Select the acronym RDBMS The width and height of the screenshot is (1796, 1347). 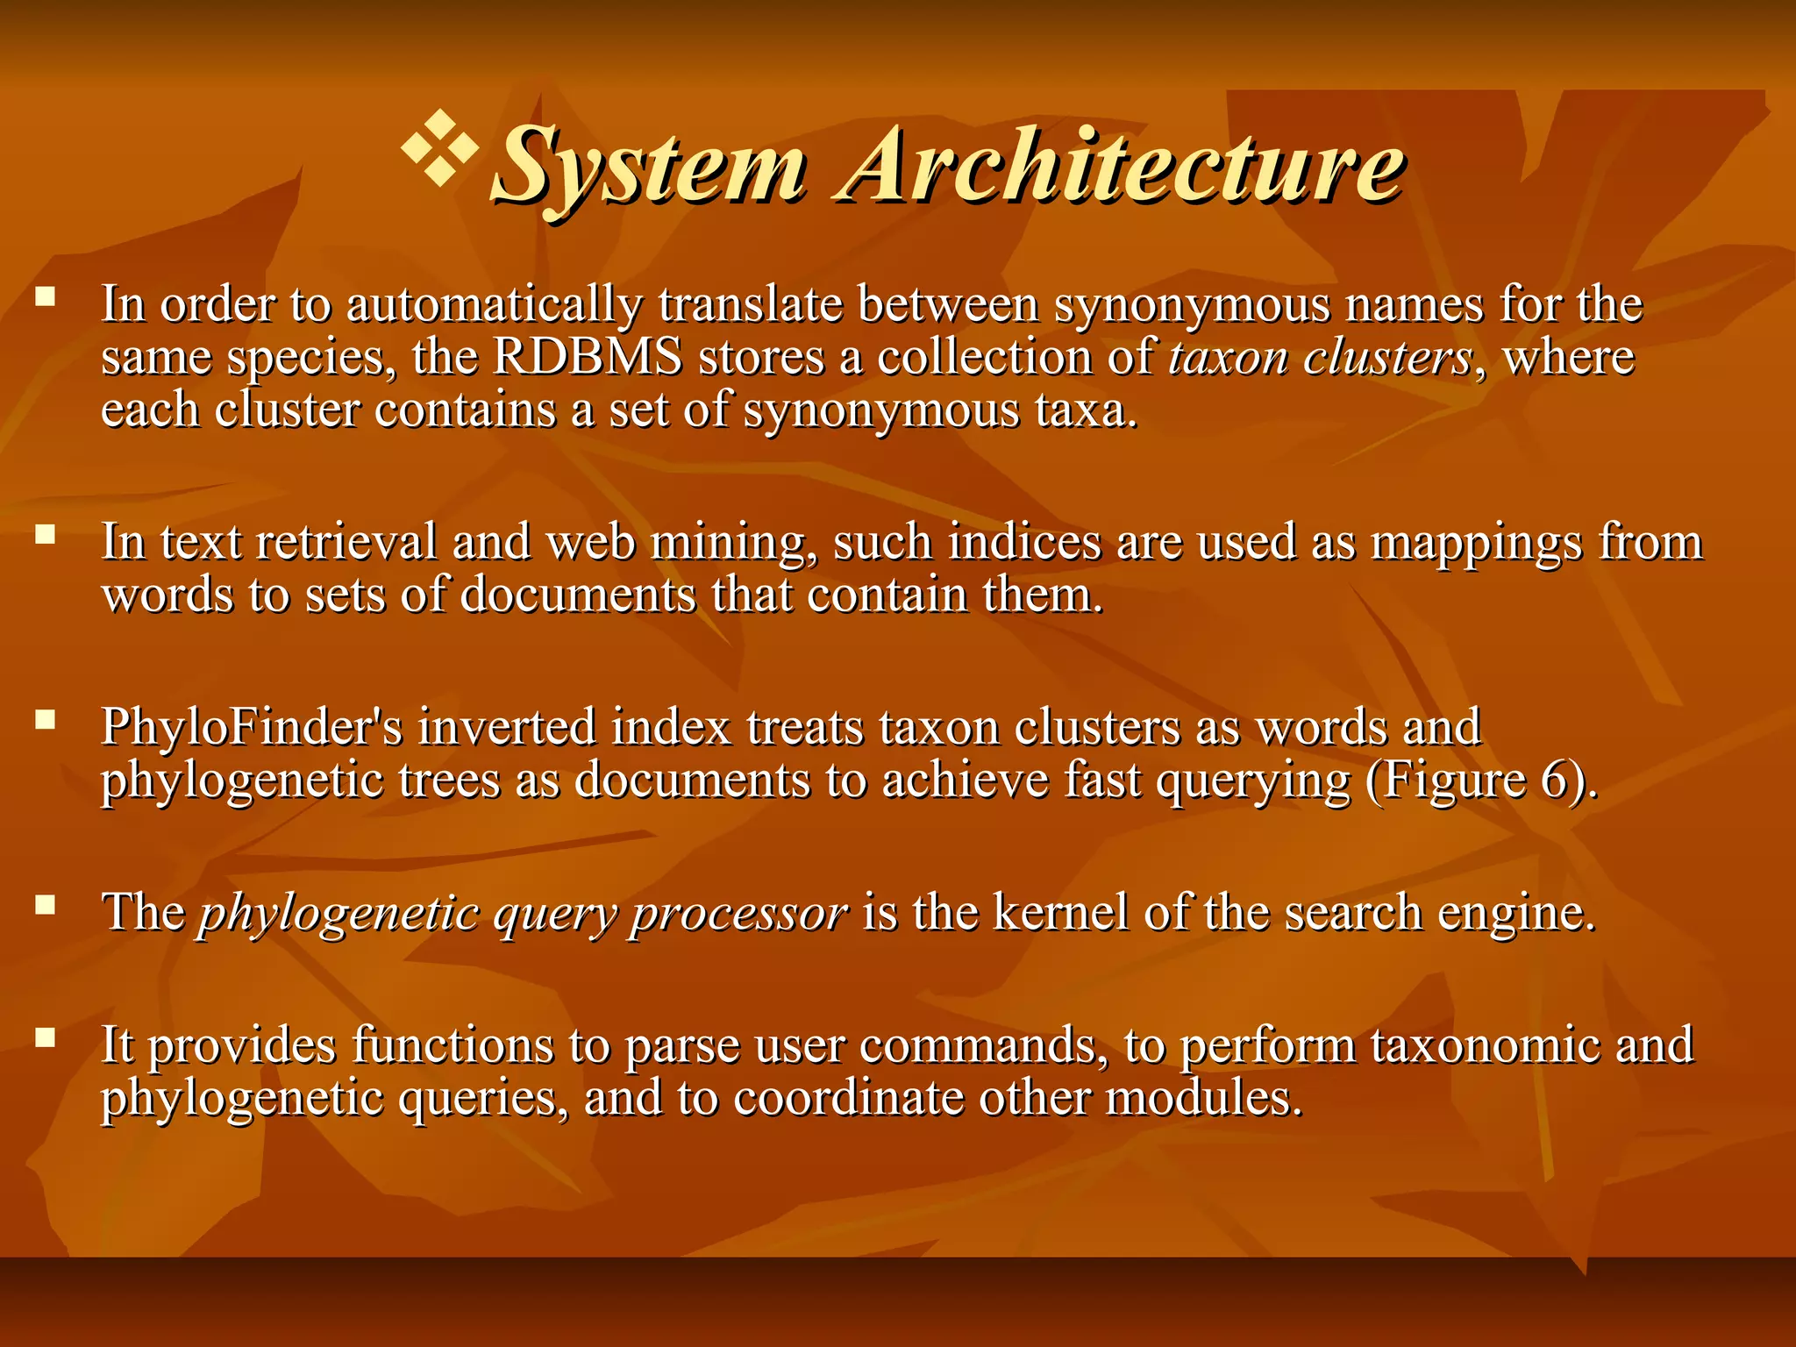[x=588, y=358]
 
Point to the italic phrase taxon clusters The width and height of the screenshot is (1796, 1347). [x=1321, y=358]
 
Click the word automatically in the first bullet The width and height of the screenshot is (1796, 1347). [x=494, y=305]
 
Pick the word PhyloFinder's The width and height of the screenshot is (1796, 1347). [x=251, y=727]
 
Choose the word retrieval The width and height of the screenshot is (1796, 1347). [x=346, y=542]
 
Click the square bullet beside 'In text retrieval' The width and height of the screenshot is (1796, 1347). [x=46, y=534]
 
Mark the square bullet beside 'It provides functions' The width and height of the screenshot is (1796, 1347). [x=46, y=1038]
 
